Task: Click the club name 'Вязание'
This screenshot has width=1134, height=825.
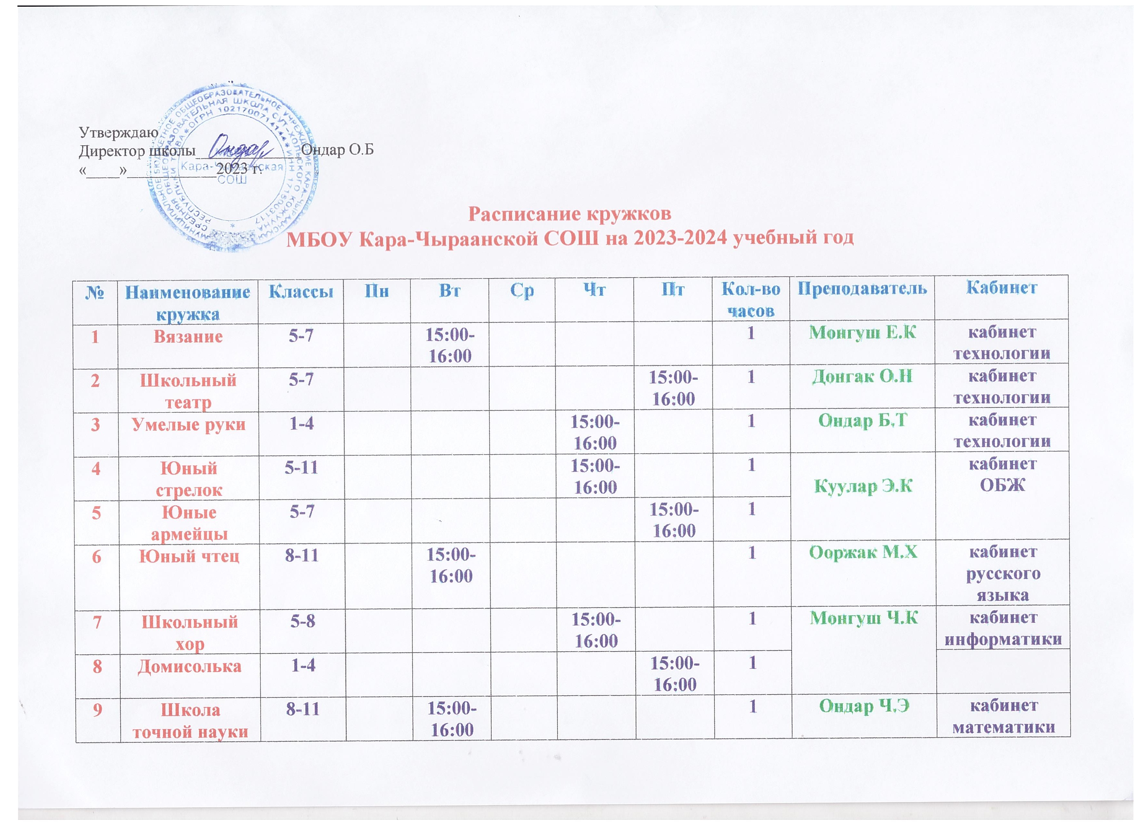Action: coord(188,336)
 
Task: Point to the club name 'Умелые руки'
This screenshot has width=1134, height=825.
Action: coord(188,424)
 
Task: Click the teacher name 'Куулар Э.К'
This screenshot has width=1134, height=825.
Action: coord(863,485)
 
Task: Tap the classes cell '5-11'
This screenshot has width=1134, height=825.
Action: coord(301,467)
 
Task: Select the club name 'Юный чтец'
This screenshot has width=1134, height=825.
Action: coord(189,556)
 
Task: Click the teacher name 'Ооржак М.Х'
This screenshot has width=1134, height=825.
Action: coord(863,552)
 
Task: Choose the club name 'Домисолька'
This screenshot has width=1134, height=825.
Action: coord(190,666)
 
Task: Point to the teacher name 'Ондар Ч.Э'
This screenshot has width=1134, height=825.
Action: coord(864,706)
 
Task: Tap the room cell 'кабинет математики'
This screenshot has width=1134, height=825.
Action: coord(1003,716)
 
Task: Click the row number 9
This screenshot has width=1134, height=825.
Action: coord(97,710)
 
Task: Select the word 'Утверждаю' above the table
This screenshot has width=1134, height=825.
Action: coord(119,132)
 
